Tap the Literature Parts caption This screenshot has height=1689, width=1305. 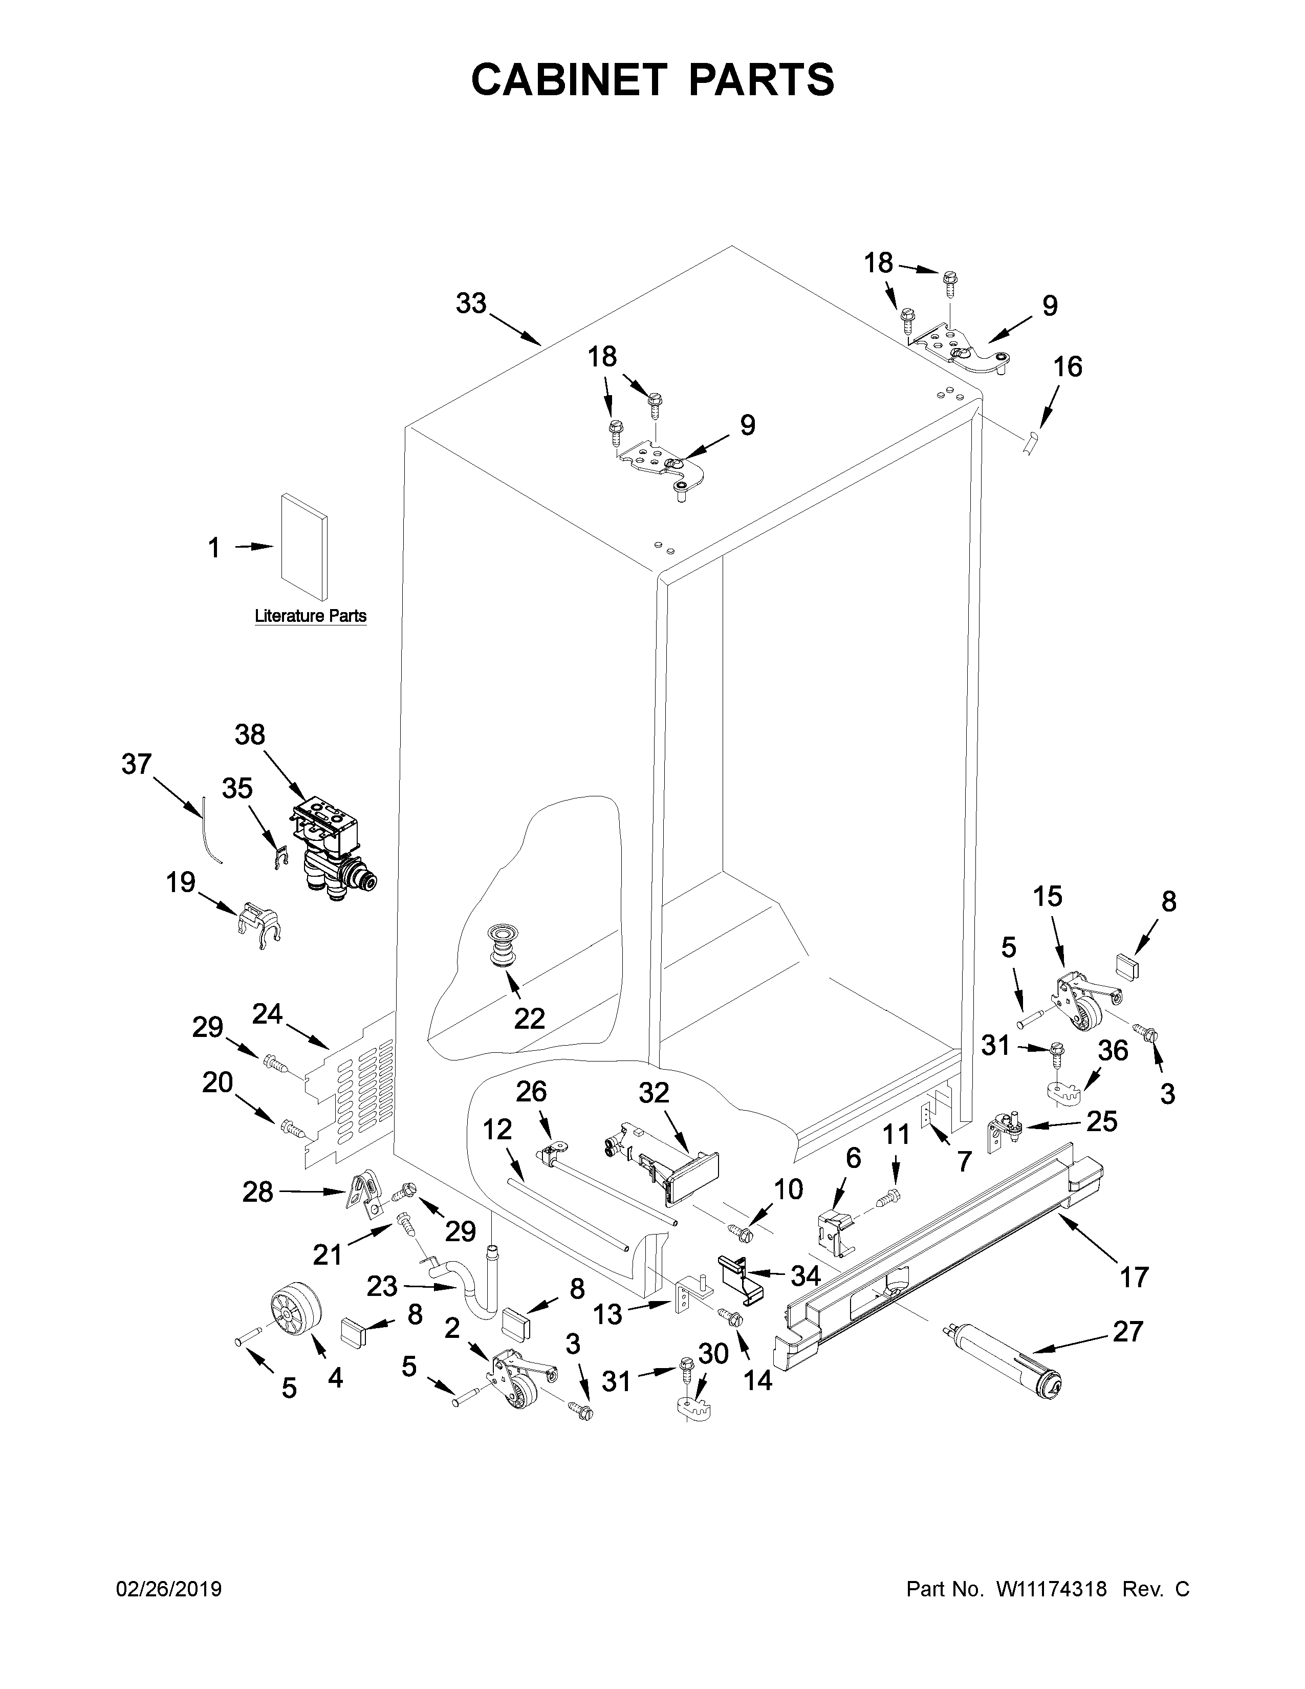(x=310, y=616)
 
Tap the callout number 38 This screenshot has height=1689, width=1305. (x=250, y=734)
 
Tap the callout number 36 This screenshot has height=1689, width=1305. (x=1113, y=1050)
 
